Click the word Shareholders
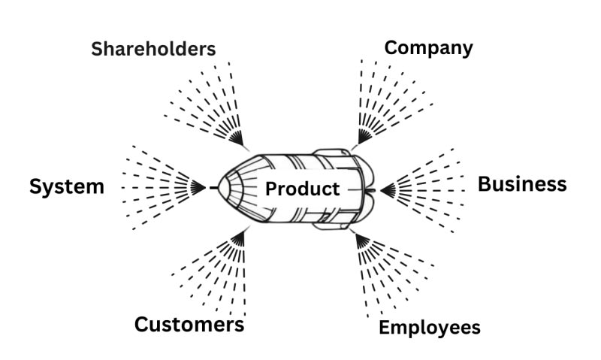153,49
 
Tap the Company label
428,48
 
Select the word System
67,186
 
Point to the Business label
522,184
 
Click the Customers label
189,324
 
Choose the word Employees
429,328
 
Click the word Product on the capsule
302,189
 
